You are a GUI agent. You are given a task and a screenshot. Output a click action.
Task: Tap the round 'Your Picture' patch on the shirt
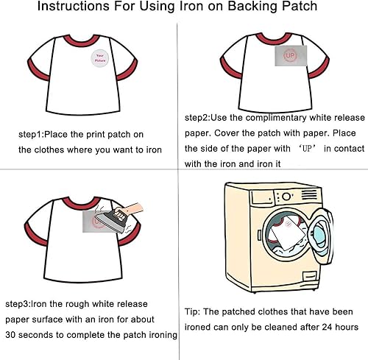[100, 58]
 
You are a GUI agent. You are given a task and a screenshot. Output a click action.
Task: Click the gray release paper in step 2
[291, 55]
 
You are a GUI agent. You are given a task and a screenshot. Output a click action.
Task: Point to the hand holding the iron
[130, 209]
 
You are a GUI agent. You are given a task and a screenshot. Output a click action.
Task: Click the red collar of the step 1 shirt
[82, 41]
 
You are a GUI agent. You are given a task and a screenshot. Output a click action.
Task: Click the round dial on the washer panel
[286, 197]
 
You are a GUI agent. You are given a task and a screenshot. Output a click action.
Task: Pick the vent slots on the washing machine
[309, 194]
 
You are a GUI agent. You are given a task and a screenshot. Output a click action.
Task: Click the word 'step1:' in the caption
[31, 135]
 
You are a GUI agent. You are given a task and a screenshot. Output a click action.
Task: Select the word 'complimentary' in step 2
[276, 118]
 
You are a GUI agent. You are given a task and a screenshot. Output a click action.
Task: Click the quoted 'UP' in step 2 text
[307, 149]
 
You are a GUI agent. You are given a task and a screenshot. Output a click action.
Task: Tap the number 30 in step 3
[10, 335]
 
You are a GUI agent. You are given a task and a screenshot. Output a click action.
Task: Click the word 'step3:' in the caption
[18, 304]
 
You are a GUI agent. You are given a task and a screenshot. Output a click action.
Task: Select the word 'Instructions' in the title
[74, 6]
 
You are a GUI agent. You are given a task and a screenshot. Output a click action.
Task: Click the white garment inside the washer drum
[288, 234]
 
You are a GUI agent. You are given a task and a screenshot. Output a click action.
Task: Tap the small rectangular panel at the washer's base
[310, 276]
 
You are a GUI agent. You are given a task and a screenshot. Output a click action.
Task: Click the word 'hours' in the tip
[347, 327]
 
